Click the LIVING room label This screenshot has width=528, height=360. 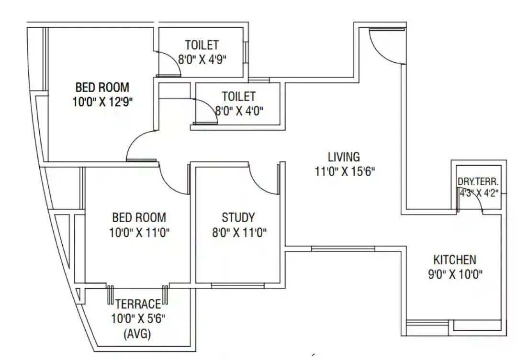[344, 157]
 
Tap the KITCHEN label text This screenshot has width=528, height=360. [454, 260]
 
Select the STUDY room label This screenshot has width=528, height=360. [238, 218]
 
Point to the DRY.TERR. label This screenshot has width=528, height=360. [478, 182]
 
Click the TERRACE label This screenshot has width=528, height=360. [137, 304]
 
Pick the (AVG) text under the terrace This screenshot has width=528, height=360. [137, 334]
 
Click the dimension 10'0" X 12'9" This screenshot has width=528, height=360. [102, 102]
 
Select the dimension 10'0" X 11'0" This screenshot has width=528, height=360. [139, 233]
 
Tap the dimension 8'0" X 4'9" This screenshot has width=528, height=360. [202, 60]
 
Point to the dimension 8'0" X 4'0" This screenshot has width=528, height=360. [239, 111]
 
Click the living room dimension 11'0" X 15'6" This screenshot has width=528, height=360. [344, 171]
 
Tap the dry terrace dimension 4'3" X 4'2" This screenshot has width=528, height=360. [478, 193]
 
